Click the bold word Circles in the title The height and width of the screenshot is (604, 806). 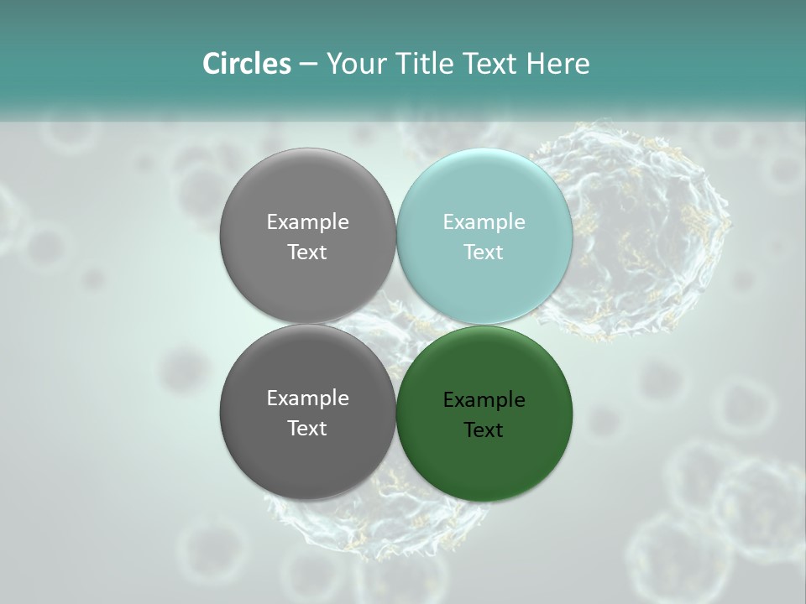[x=247, y=64]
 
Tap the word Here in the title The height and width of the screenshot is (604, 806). [x=558, y=64]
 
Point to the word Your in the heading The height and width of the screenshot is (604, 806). [x=354, y=64]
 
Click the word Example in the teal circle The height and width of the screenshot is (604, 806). [x=484, y=221]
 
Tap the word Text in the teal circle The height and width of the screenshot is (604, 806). [x=484, y=252]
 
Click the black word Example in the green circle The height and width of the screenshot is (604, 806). [x=484, y=399]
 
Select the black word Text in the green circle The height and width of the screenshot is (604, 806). [x=484, y=430]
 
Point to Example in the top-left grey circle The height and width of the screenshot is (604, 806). [x=307, y=221]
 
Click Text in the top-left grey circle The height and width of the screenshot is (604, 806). [x=307, y=252]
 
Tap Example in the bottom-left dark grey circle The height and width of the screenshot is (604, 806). [x=307, y=398]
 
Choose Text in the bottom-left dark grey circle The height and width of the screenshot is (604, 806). [x=307, y=428]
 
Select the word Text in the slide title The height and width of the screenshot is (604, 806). [x=487, y=64]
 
